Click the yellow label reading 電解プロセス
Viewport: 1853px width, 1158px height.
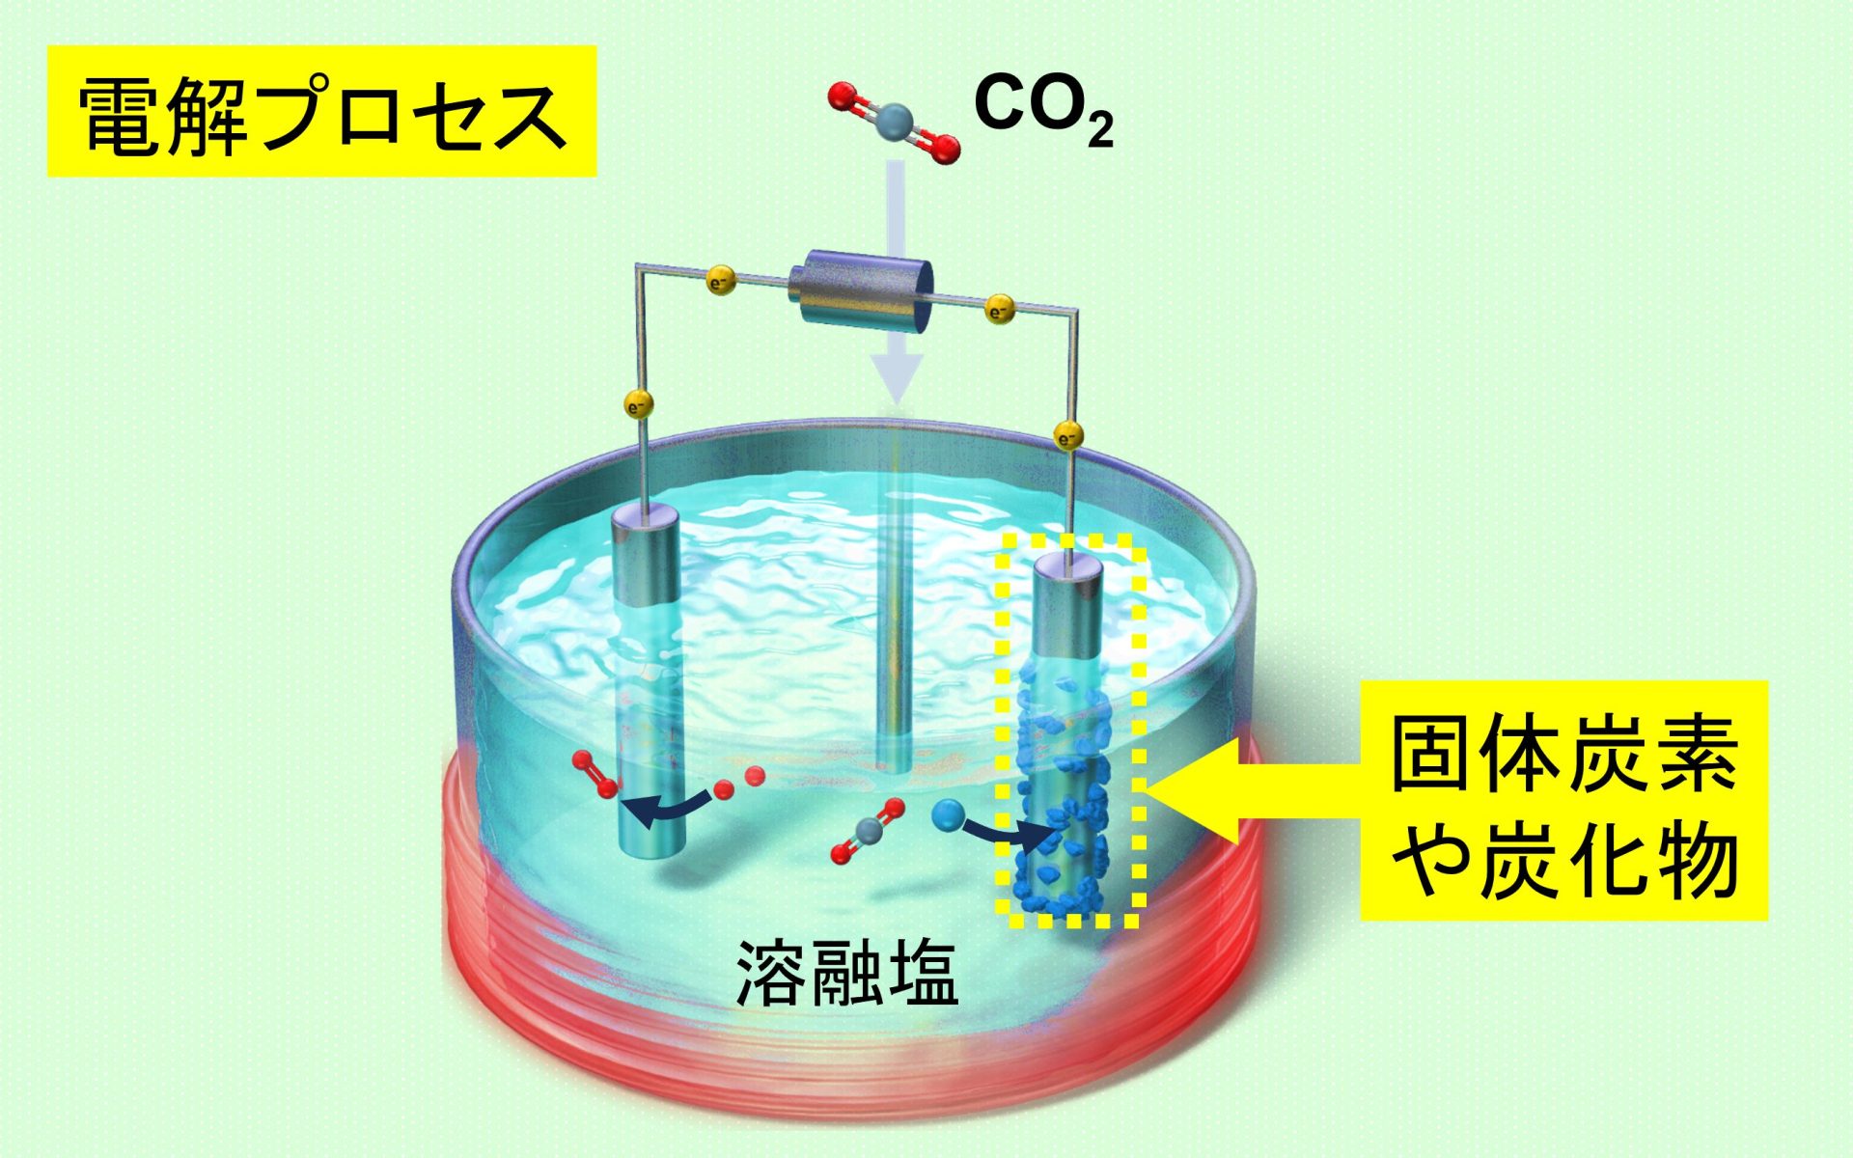[321, 112]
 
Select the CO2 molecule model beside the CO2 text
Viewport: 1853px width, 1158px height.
[895, 123]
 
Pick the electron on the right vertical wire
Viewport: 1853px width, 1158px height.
[1067, 436]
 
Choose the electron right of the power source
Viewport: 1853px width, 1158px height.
[999, 311]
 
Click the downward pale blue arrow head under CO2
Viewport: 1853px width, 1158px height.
[898, 378]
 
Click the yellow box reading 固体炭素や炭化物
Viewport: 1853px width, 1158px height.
[1563, 800]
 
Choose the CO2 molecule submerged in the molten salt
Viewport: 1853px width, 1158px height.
[866, 831]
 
